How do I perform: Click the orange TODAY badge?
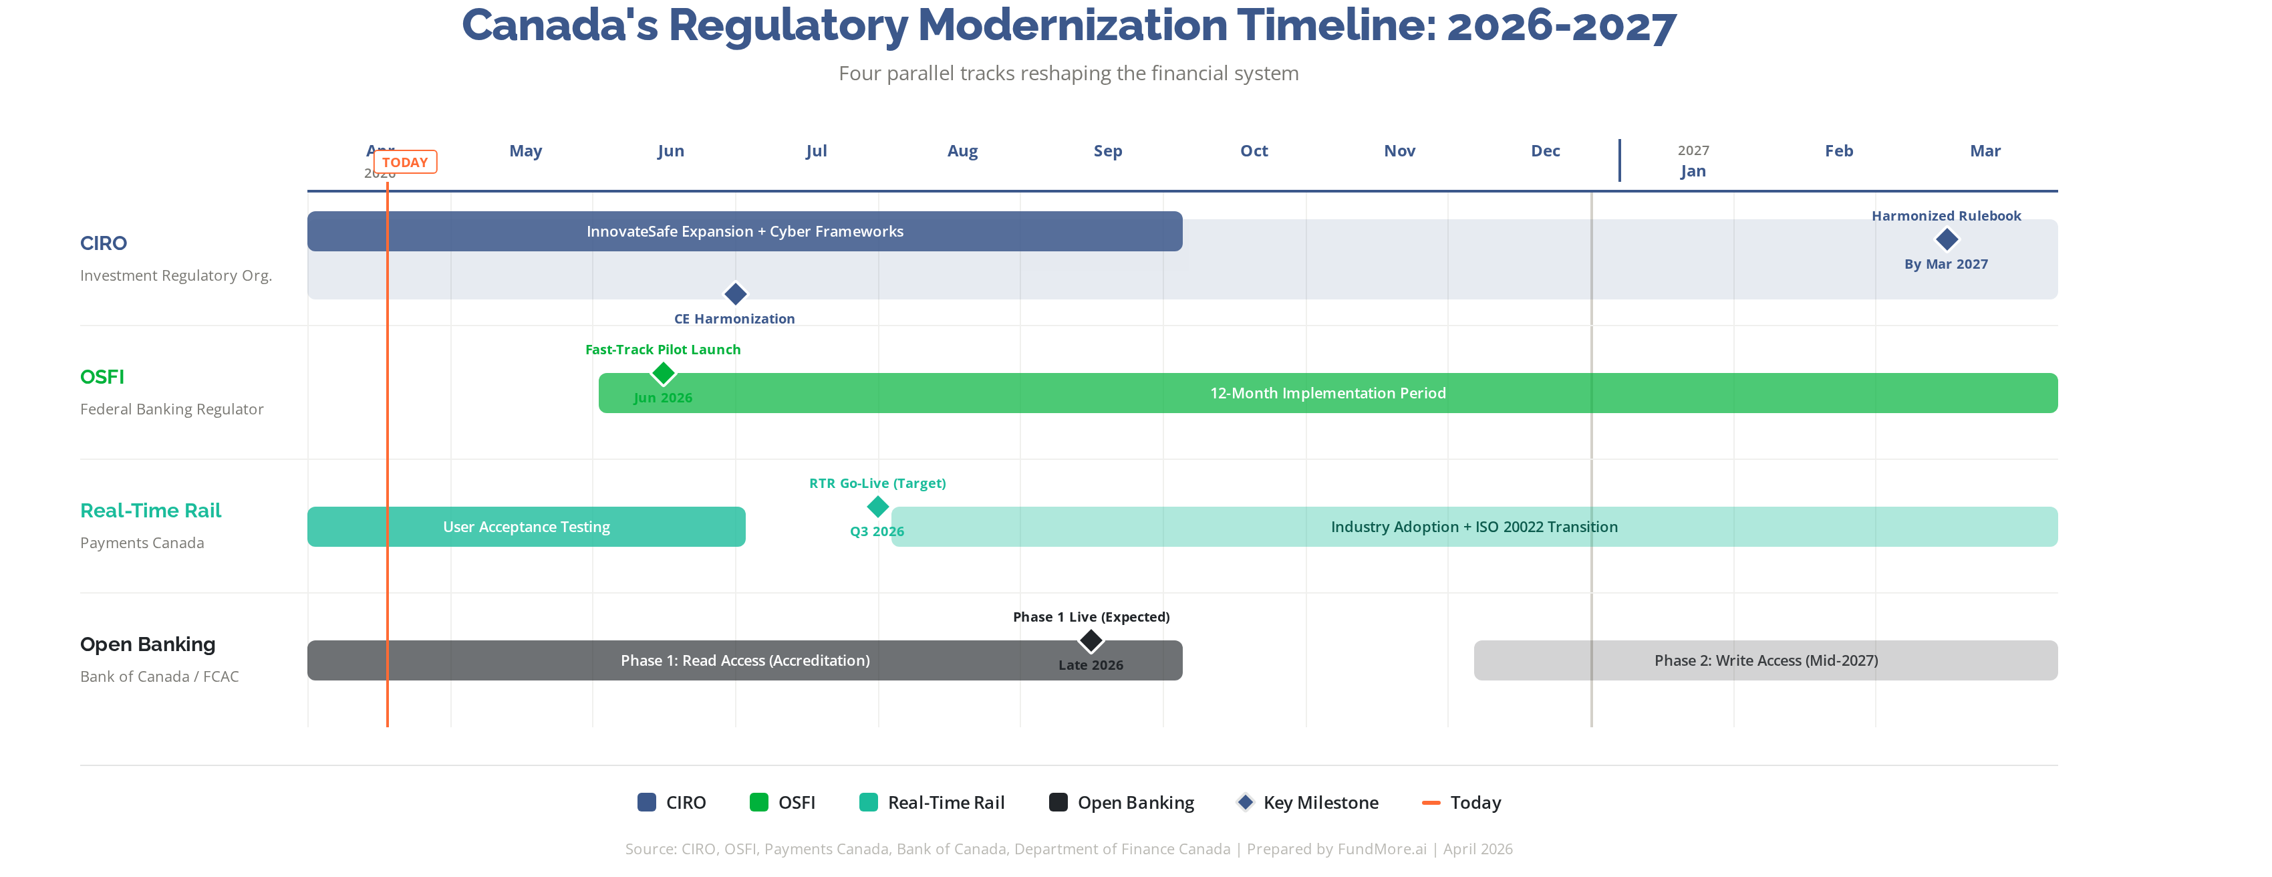pyautogui.click(x=405, y=162)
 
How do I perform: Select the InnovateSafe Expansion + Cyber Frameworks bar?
pyautogui.click(x=744, y=231)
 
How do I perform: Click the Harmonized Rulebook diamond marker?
pyautogui.click(x=1946, y=239)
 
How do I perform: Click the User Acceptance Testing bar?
pyautogui.click(x=526, y=527)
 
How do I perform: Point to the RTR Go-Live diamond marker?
pyautogui.click(x=877, y=507)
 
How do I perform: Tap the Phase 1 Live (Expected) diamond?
pyautogui.click(x=1091, y=640)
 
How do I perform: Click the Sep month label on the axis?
pyautogui.click(x=1108, y=151)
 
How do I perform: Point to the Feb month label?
pyautogui.click(x=1838, y=151)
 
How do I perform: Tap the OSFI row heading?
pyautogui.click(x=102, y=378)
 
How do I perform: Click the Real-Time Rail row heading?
pyautogui.click(x=151, y=511)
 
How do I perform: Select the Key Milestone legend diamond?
pyautogui.click(x=1246, y=802)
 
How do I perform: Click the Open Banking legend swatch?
pyautogui.click(x=1058, y=802)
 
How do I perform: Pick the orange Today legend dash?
pyautogui.click(x=1431, y=803)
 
